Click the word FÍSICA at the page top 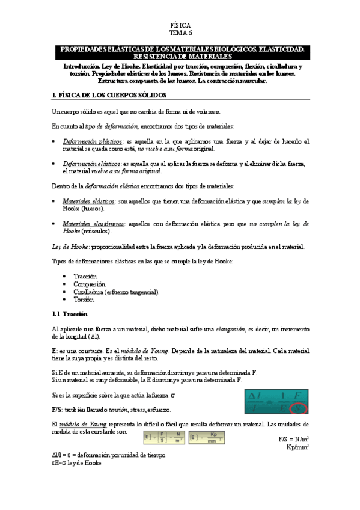180,26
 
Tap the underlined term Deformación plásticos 90,141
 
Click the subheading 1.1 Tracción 70,314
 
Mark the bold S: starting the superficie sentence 55,394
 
